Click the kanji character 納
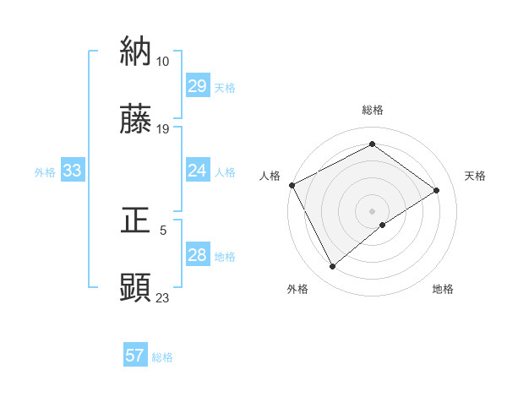point(136,52)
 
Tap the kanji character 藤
point(136,120)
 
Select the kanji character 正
point(136,220)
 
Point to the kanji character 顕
point(136,288)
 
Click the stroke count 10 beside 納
point(162,61)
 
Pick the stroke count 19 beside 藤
point(162,129)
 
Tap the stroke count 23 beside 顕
point(162,297)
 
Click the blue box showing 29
point(197,86)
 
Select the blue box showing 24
point(197,171)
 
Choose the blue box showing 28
point(197,256)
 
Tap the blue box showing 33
point(72,171)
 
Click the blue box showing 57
point(134,356)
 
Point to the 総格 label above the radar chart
point(373,110)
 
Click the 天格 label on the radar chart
point(475,176)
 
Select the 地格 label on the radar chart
point(443,289)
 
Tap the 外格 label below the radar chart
point(297,289)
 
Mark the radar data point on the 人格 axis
point(292,185)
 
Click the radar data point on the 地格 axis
point(383,225)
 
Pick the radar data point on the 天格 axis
point(437,190)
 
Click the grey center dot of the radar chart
point(373,210)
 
